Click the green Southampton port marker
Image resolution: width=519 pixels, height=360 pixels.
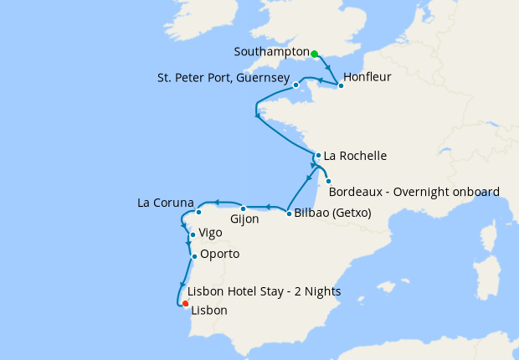point(315,54)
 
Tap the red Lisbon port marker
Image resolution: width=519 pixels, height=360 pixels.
point(185,304)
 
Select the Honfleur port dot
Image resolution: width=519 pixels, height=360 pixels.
point(341,85)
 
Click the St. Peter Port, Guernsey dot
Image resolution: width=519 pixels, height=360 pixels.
point(296,85)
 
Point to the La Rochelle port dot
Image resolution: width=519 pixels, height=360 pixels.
point(318,155)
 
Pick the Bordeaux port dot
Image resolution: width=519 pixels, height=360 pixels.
point(328,182)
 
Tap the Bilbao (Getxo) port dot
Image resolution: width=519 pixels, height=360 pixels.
point(289,213)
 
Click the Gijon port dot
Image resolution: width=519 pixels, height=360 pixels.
point(243,208)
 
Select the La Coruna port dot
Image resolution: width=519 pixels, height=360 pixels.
point(198,212)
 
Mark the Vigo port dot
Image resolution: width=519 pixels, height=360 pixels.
point(193,235)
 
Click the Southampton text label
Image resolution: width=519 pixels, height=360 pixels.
point(271,52)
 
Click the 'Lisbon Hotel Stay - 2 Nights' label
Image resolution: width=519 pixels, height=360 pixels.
point(264,291)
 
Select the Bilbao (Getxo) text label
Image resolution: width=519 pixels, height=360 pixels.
point(332,213)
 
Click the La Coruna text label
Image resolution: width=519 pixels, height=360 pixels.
point(166,203)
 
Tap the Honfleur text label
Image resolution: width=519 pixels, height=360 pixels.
point(368,77)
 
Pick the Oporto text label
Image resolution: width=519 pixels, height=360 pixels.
point(220,254)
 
